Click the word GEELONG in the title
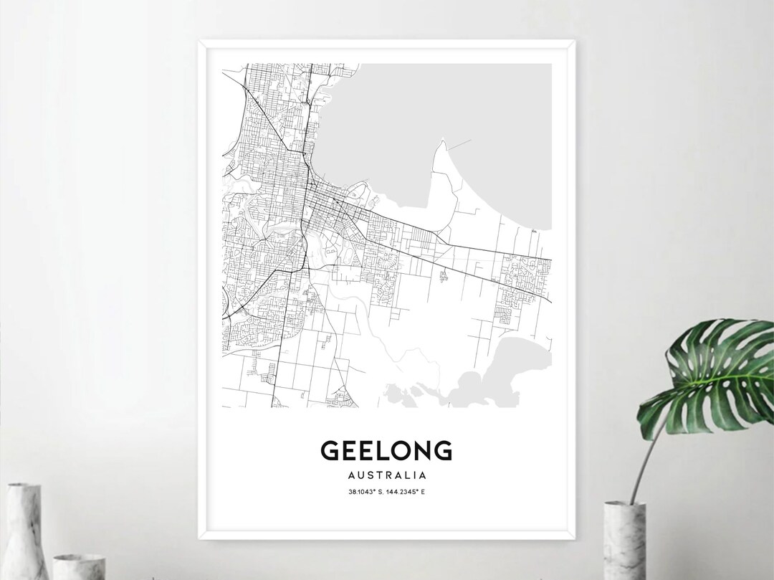(386, 450)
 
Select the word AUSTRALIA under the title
(386, 475)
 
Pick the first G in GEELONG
(330, 450)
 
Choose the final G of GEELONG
(442, 450)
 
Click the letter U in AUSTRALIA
(358, 475)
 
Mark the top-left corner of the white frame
(199, 41)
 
